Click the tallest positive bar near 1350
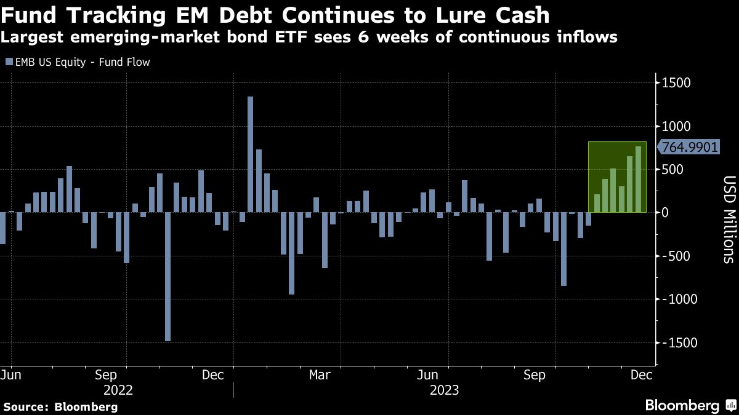click(x=250, y=154)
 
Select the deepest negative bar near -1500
click(x=168, y=277)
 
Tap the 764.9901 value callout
click(x=683, y=147)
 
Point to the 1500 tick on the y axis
click(x=676, y=84)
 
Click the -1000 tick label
click(x=672, y=299)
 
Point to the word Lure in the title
click(x=442, y=15)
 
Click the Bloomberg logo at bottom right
click(x=689, y=405)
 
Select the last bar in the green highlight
click(x=638, y=180)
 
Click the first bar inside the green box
click(x=597, y=204)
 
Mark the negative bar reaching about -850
click(x=563, y=249)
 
